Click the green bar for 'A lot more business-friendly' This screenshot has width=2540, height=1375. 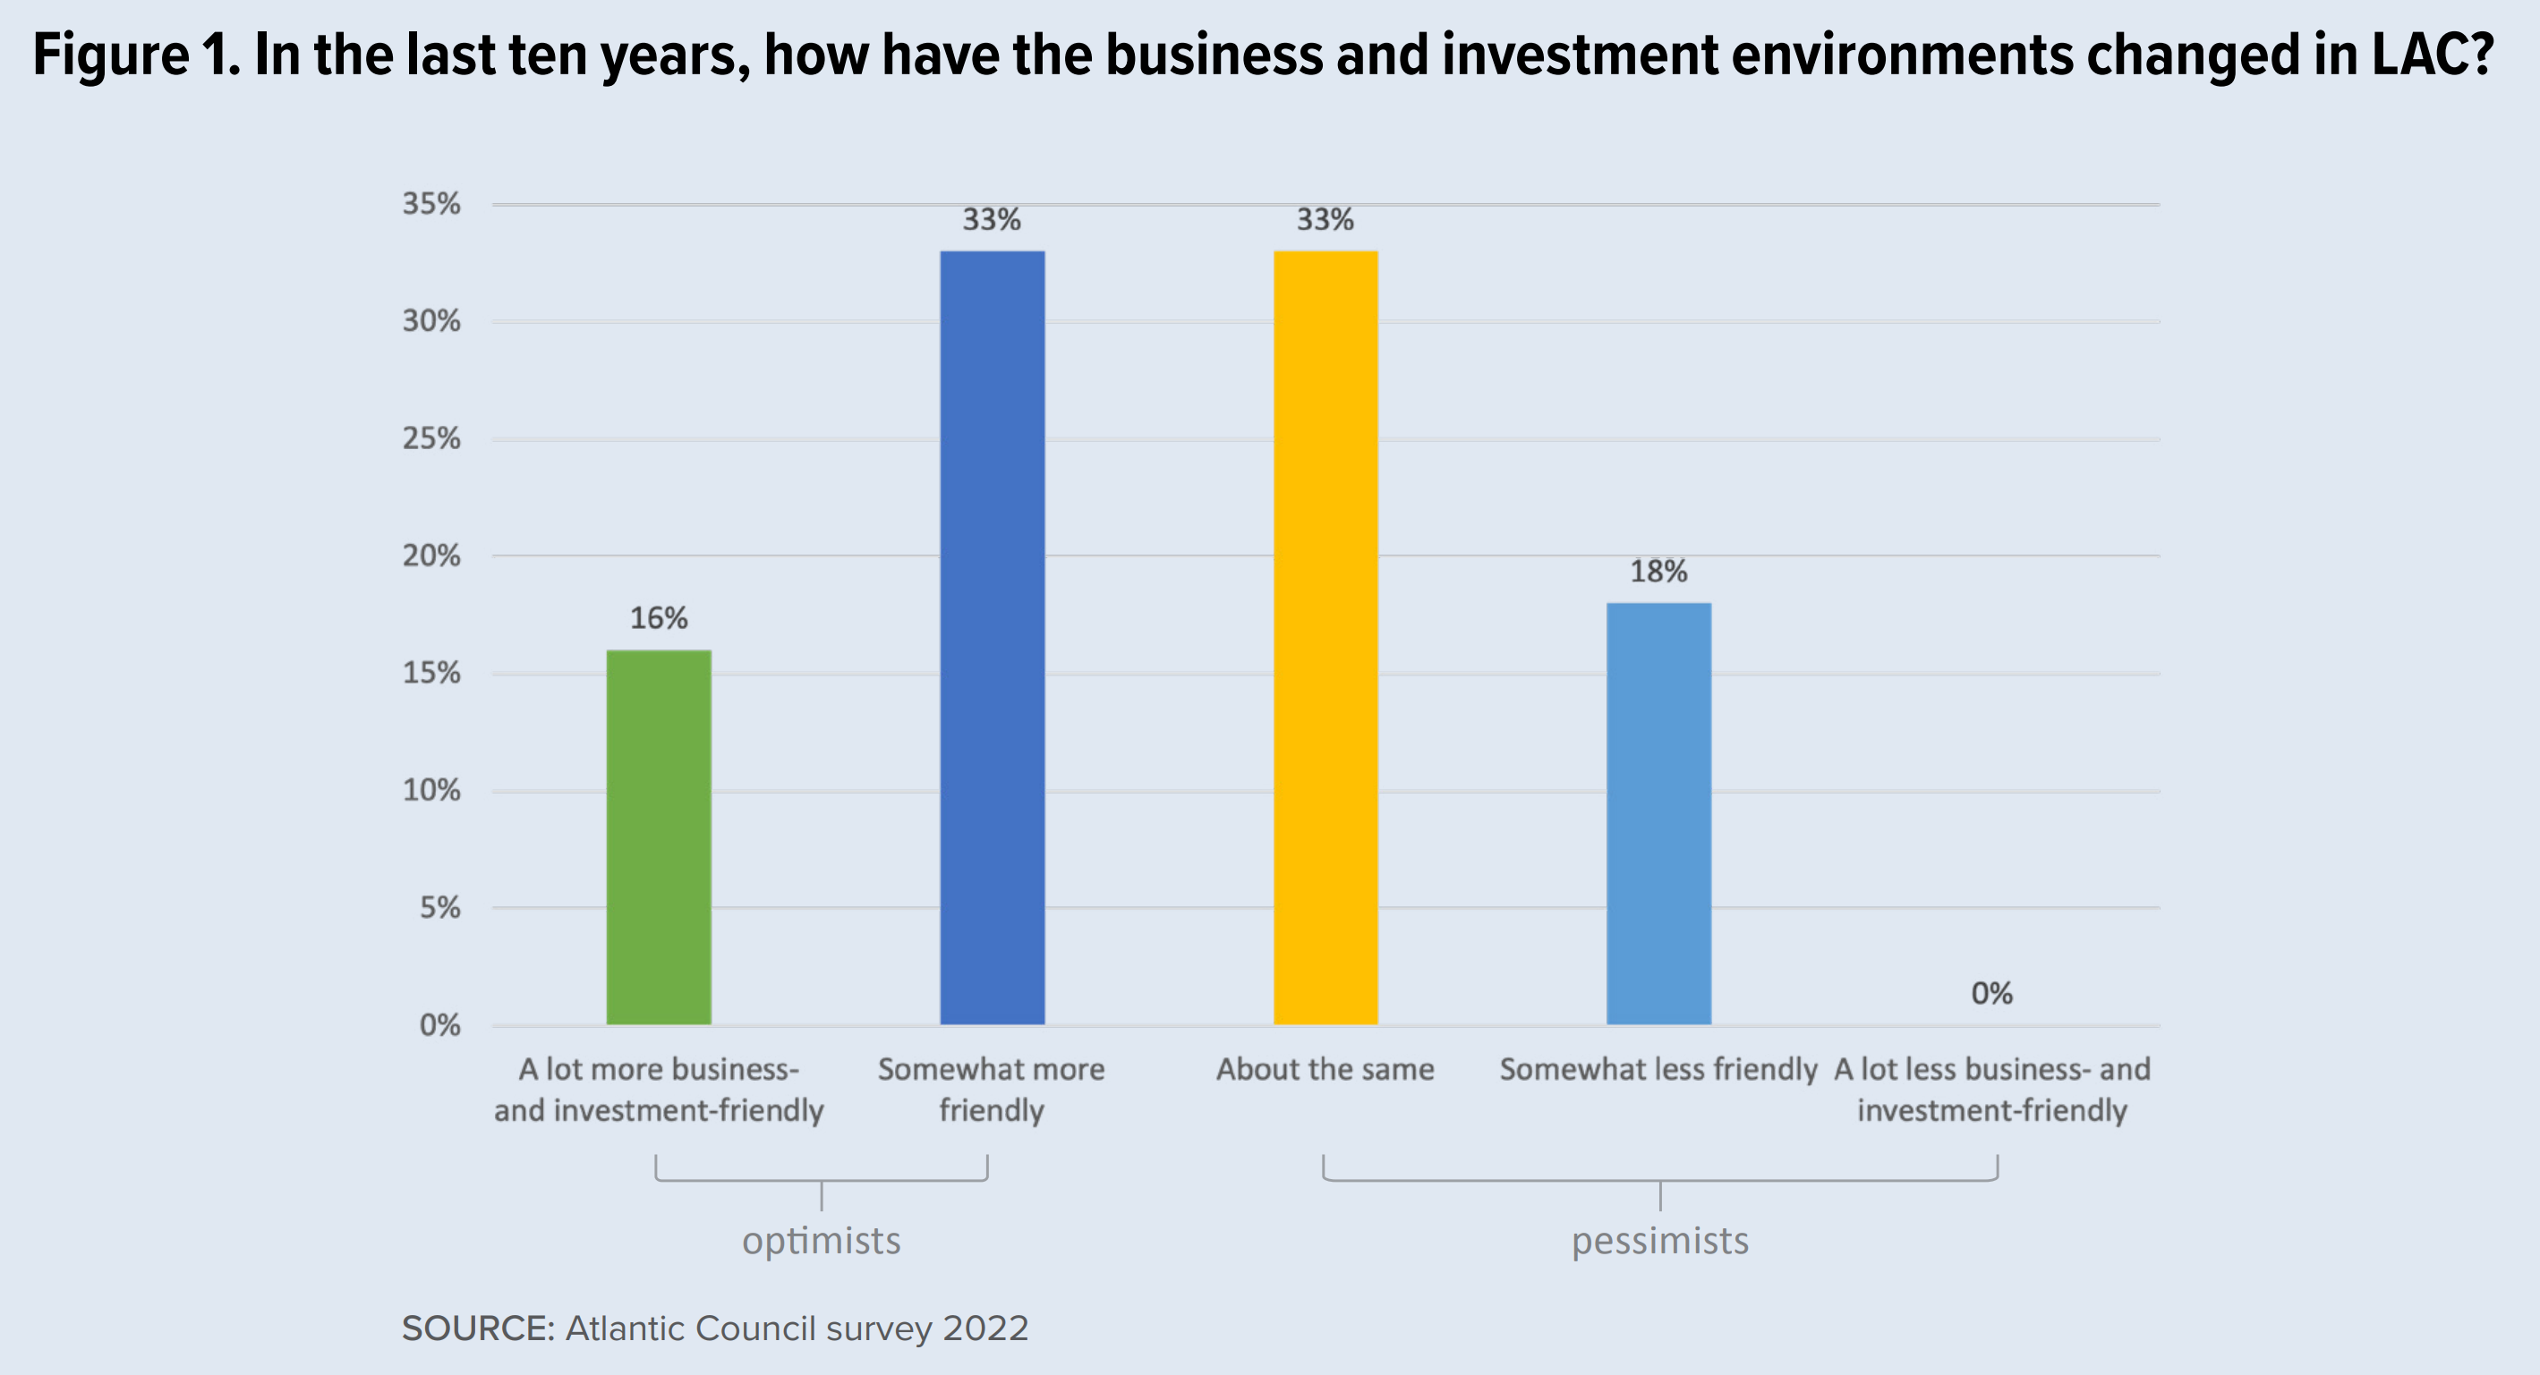659,838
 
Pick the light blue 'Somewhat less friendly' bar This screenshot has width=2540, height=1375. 1658,814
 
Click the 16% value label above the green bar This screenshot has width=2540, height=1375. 659,619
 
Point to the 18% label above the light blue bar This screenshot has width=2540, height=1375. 1658,572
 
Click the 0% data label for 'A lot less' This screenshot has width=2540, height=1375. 1991,994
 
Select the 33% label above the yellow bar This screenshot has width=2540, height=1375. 1325,220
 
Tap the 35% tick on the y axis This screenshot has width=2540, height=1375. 430,204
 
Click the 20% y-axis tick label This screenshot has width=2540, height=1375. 430,556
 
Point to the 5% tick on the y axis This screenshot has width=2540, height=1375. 439,908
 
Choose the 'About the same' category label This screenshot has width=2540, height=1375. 1325,1069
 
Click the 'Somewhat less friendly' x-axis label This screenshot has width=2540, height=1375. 1658,1069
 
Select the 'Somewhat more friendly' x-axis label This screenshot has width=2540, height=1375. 992,1089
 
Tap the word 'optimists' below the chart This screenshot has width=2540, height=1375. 822,1241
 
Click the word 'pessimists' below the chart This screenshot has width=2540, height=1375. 1660,1241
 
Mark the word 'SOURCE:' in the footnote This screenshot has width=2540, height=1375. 478,1328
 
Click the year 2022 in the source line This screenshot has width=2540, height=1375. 985,1328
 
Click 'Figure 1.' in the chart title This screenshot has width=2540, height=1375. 136,55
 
